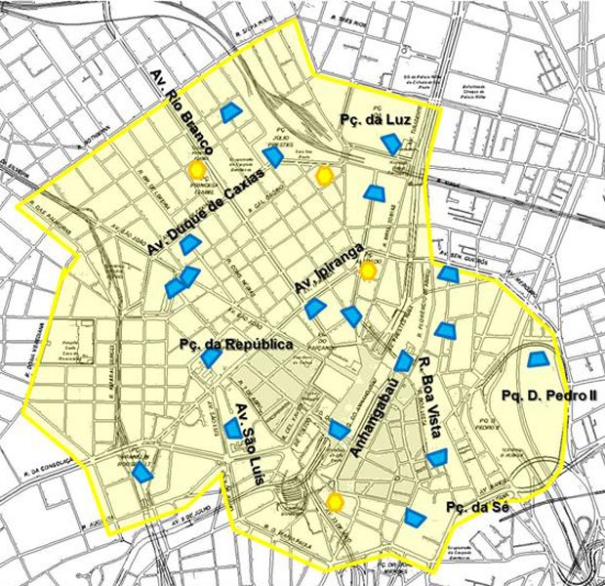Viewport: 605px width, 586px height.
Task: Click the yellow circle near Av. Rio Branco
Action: coord(196,169)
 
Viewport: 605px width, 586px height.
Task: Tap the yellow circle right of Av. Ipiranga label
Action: coord(367,271)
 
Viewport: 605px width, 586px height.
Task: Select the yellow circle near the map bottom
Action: coord(336,502)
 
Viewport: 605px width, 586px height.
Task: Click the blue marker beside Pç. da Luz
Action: coord(390,145)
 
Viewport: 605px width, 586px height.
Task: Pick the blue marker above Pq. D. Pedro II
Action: coord(537,358)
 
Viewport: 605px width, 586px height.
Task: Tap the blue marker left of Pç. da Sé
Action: coord(417,518)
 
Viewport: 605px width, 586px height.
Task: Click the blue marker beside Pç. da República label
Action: coord(211,358)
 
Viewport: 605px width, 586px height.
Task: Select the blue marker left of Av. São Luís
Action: coord(232,428)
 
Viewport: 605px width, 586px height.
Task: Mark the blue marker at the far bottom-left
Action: coord(142,473)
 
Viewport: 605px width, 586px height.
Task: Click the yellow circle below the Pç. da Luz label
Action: coord(325,176)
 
